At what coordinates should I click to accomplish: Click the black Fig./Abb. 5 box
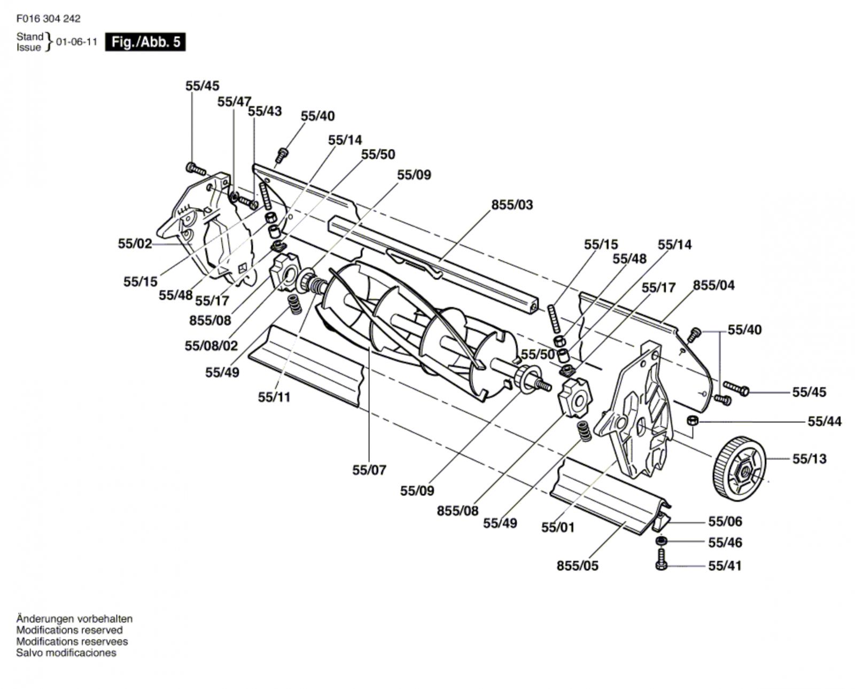[145, 42]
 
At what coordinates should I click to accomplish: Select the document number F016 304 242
[49, 19]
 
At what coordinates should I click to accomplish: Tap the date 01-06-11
[76, 42]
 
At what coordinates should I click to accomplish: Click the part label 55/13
[809, 459]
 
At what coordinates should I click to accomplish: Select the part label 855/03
[512, 205]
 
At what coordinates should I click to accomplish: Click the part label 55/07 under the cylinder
[369, 470]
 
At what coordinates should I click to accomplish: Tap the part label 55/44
[825, 421]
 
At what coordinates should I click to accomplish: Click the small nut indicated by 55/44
[693, 420]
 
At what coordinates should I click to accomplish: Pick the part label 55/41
[725, 566]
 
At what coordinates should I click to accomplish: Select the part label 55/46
[725, 543]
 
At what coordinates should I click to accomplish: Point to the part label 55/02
[135, 244]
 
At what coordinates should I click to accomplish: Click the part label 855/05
[577, 566]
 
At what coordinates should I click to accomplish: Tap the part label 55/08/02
[211, 346]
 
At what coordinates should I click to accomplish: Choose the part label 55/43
[265, 111]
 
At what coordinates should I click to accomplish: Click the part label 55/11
[274, 397]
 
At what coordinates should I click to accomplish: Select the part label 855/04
[714, 285]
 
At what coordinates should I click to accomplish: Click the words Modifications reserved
[69, 630]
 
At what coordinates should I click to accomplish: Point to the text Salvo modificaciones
[66, 653]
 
